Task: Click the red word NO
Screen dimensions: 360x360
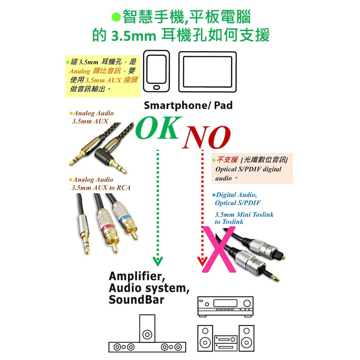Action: click(x=206, y=137)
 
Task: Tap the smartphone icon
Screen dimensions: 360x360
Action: click(x=156, y=71)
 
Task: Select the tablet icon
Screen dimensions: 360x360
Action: click(x=207, y=72)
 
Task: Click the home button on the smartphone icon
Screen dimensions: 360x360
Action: click(x=156, y=88)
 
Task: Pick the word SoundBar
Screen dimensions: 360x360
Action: click(x=137, y=300)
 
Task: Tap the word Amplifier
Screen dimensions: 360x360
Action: click(x=137, y=276)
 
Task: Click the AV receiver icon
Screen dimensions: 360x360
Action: click(x=225, y=307)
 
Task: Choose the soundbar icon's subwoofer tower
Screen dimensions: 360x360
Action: click(x=147, y=329)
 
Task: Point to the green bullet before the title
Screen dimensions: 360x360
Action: click(x=116, y=17)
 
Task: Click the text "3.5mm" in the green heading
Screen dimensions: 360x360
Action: click(x=133, y=36)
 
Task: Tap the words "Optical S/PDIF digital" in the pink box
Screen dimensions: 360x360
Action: click(x=248, y=169)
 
